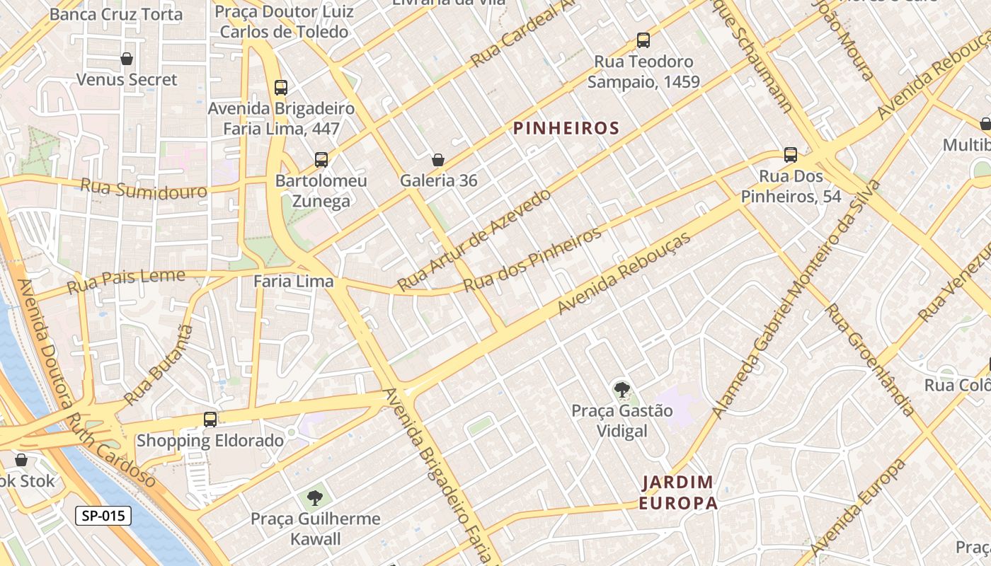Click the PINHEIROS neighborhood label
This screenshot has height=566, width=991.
coord(566,128)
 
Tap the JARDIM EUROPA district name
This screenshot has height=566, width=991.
coord(678,492)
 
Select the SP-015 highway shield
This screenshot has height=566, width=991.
coord(103,516)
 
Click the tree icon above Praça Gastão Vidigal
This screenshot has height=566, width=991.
coord(622,389)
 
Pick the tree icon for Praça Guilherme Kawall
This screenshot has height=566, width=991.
coord(315,498)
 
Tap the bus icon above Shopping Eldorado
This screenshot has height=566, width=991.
coord(210,419)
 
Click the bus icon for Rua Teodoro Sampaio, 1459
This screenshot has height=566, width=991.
coord(643,40)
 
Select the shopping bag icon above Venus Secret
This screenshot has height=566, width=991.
coord(127,59)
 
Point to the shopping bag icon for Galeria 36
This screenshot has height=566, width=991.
coord(438,160)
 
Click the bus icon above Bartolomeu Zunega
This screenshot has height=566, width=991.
coord(321,160)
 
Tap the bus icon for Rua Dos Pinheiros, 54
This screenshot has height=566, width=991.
coord(791,155)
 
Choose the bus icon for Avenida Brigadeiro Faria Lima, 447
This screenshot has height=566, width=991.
coord(281,88)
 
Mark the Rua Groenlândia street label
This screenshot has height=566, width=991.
coord(870,359)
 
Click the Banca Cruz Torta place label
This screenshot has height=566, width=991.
coord(116,14)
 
